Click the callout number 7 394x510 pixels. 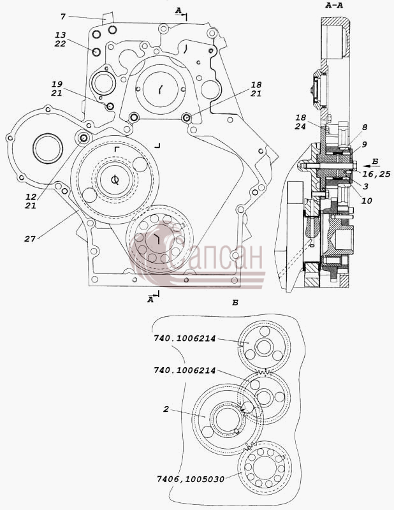point(63,17)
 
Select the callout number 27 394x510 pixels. point(29,238)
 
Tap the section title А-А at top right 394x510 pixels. point(334,6)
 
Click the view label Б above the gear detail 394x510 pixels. point(235,303)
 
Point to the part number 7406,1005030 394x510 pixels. point(191,479)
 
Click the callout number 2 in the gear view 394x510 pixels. point(166,409)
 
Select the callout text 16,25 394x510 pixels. point(376,174)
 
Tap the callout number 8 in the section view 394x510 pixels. point(365,127)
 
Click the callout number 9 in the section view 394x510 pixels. point(365,144)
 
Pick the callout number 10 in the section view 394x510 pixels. point(367,201)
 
